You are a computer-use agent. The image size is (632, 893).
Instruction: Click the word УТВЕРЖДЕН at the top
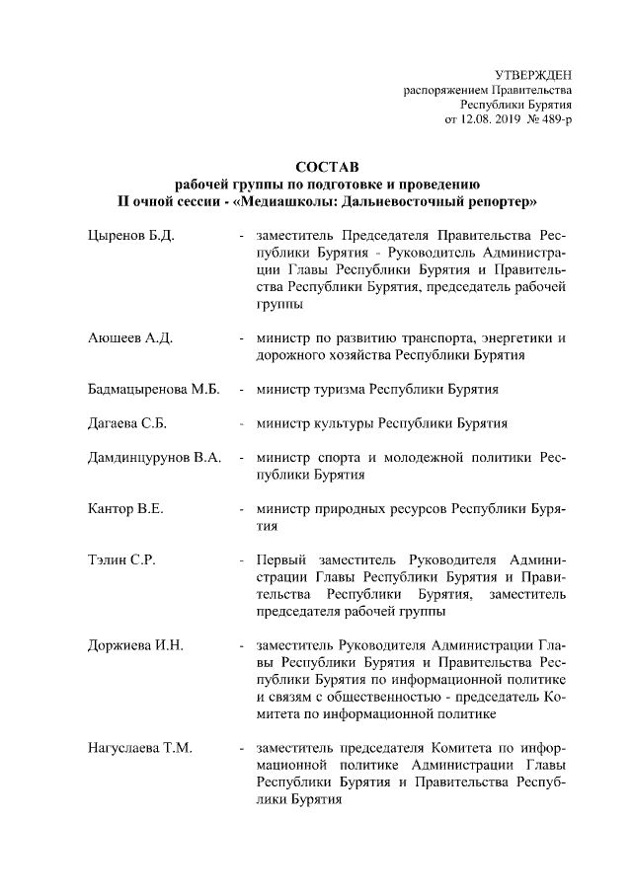tap(532, 75)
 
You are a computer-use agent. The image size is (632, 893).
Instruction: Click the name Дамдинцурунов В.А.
tap(154, 459)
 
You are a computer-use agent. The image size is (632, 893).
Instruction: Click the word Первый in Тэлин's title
tap(278, 560)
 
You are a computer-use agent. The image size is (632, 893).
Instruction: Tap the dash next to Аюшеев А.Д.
tap(241, 338)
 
